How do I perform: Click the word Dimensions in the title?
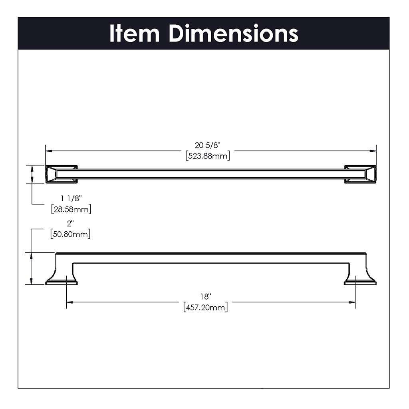233,34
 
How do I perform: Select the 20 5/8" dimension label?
208,146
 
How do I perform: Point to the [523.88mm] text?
208,156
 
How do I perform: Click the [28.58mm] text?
71,208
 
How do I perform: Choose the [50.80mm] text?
70,234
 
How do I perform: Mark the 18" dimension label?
206,297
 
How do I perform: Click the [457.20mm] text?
206,308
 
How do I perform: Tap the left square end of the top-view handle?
61,174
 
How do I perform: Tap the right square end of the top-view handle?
360,174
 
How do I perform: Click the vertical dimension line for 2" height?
32,268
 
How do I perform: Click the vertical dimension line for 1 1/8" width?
32,174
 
